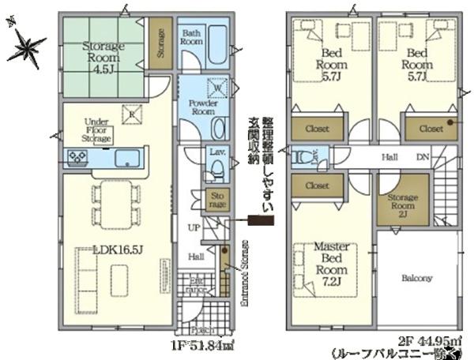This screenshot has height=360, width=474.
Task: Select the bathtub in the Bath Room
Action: (x=216, y=49)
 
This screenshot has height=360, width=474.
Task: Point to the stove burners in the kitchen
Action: (x=77, y=158)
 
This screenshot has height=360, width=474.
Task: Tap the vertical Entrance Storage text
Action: (x=245, y=273)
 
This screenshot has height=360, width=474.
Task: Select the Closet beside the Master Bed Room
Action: (x=317, y=186)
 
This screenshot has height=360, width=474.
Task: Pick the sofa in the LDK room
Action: (x=83, y=272)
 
